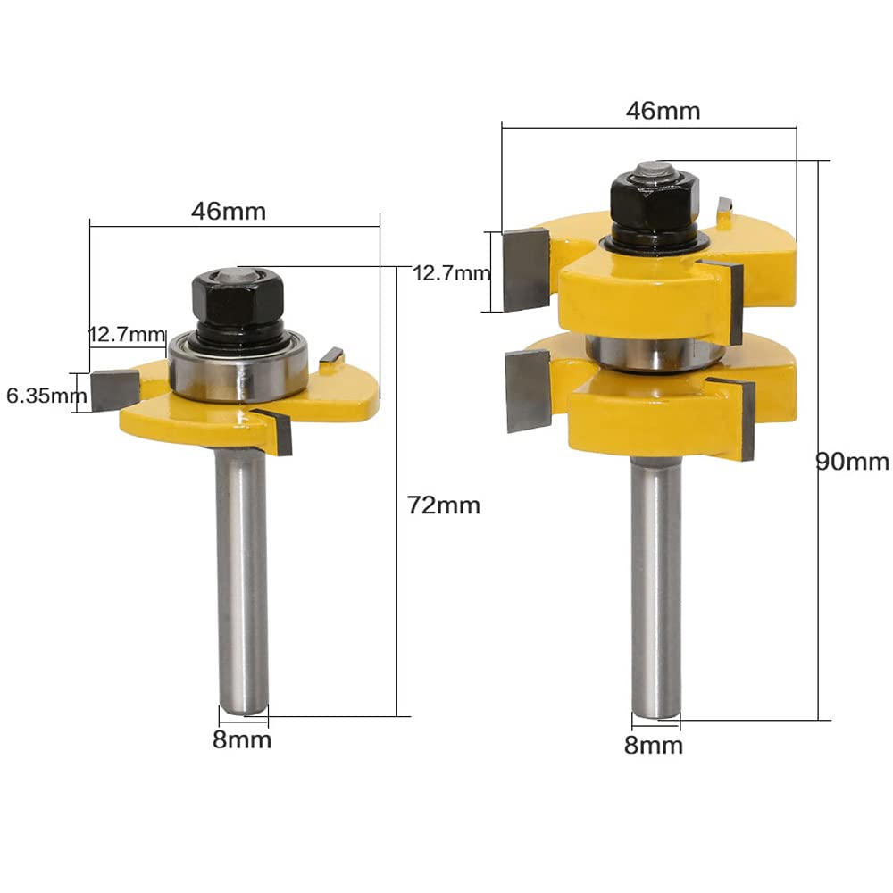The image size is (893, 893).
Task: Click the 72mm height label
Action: (x=444, y=505)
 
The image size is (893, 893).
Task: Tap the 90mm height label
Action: (x=852, y=462)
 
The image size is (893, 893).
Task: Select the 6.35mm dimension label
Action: (x=46, y=396)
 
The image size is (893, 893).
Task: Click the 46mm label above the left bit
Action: (x=229, y=212)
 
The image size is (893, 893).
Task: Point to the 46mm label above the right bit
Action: (x=663, y=111)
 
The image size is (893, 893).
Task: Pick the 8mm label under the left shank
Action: (x=242, y=739)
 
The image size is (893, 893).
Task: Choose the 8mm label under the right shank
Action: (x=654, y=745)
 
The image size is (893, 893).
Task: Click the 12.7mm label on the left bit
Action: (x=128, y=334)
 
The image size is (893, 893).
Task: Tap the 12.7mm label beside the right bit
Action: (x=451, y=273)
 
